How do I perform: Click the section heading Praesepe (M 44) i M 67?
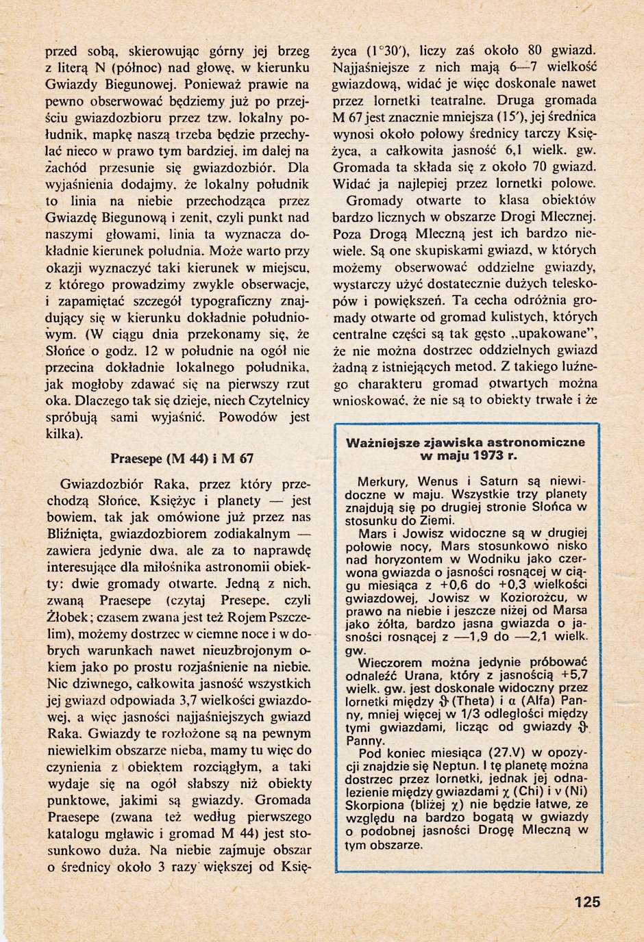(x=182, y=458)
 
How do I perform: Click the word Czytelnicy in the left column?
(x=275, y=400)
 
